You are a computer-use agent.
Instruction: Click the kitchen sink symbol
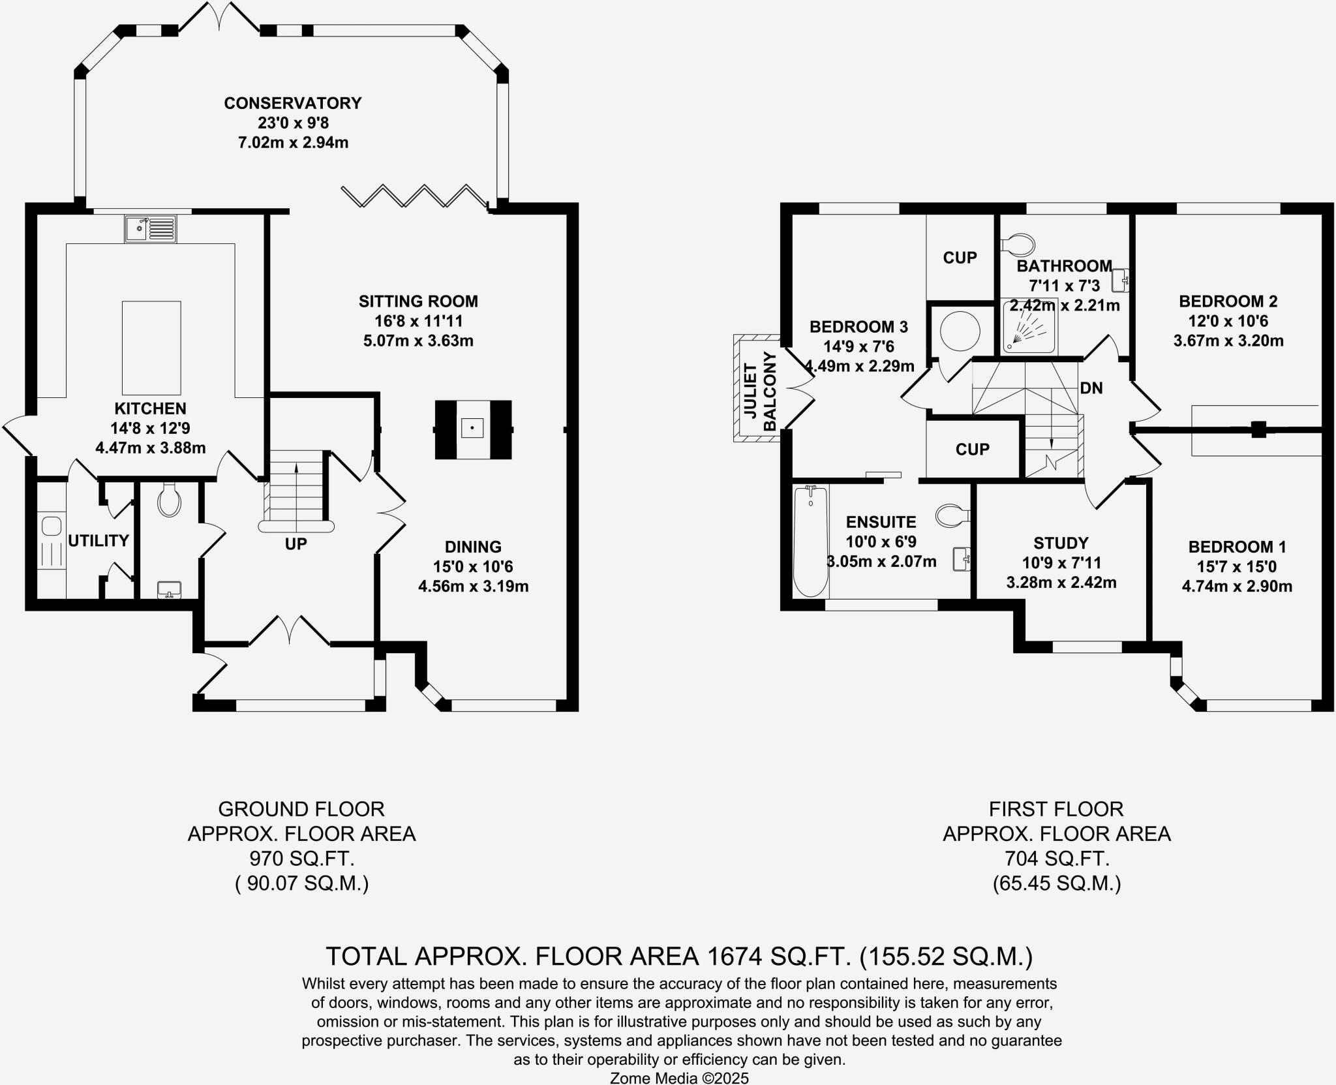[x=150, y=228]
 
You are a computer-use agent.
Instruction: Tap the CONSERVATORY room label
[x=292, y=103]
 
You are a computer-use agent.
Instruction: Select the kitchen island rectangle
[x=151, y=348]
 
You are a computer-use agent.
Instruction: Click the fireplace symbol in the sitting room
[x=473, y=429]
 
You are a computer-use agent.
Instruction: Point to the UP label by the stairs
[x=296, y=543]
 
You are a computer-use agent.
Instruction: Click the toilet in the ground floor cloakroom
[x=170, y=500]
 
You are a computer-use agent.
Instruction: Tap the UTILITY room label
[x=99, y=540]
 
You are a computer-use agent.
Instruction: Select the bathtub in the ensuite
[x=810, y=542]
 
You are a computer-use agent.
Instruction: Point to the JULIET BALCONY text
[x=760, y=390]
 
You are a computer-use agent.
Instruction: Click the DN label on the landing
[x=1091, y=388]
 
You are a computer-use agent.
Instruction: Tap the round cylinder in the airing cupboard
[x=960, y=331]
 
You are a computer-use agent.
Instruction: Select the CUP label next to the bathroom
[x=960, y=258]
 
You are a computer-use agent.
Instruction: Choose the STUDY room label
[x=1061, y=543]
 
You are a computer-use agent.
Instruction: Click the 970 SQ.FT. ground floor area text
[x=301, y=858]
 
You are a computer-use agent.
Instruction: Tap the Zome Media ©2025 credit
[x=678, y=1078]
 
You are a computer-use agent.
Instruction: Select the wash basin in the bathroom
[x=1121, y=281]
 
